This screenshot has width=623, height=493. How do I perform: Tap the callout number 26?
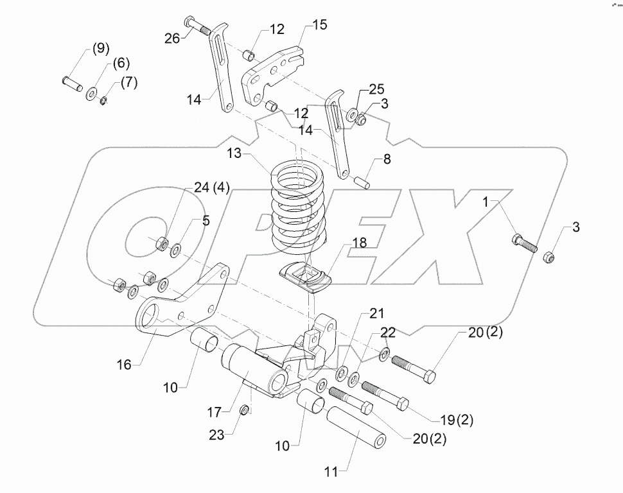pyautogui.click(x=171, y=38)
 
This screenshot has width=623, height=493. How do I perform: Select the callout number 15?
pyautogui.click(x=319, y=25)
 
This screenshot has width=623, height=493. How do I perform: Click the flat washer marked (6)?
pyautogui.click(x=91, y=94)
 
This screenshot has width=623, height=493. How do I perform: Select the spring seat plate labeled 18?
pyautogui.click(x=306, y=278)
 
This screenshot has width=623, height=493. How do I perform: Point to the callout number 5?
pyautogui.click(x=205, y=221)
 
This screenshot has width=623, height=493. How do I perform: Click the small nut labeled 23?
pyautogui.click(x=245, y=410)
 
